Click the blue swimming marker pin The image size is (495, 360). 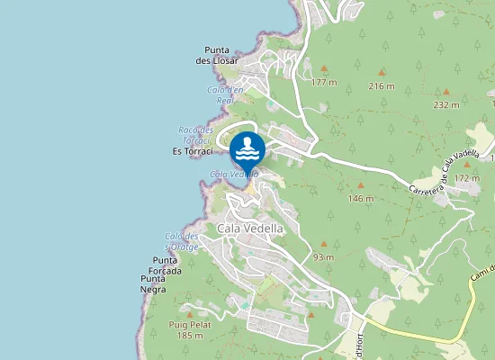point(247,148)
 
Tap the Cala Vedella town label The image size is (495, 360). point(250,229)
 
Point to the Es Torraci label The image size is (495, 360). point(191,152)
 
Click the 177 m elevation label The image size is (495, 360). point(323,82)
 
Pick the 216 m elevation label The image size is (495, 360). point(382,85)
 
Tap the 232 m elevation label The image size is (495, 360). point(445,104)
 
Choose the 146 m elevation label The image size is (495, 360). point(360,198)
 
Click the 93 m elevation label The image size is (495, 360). point(323,257)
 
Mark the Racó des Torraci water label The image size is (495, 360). point(195,135)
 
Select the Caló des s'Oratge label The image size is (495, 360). point(181,240)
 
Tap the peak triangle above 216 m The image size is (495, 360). point(382,72)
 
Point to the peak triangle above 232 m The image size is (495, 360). point(445,91)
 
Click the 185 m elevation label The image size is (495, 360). point(190,336)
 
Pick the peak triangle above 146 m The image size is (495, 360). point(361,184)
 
